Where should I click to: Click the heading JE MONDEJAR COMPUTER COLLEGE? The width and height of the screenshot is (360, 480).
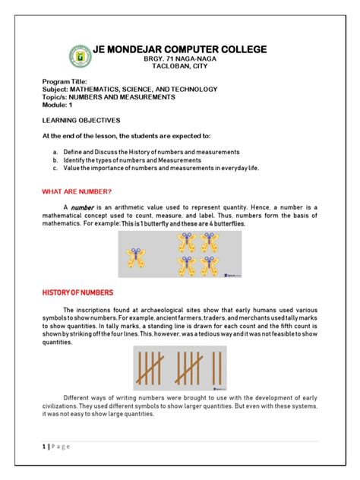(x=179, y=49)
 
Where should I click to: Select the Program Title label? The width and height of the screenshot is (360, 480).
(x=65, y=81)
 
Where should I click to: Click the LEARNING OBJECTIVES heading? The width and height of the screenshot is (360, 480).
(x=81, y=120)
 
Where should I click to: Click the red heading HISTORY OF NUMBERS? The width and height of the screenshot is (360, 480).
(x=77, y=292)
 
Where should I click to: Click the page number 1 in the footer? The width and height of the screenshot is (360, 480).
(x=43, y=447)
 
